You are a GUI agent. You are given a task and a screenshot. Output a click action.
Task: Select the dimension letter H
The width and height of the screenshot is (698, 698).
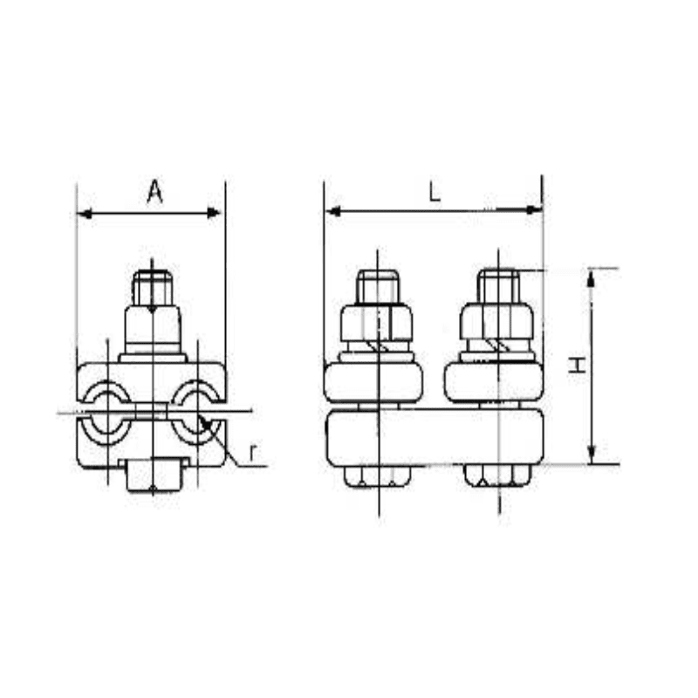(x=577, y=365)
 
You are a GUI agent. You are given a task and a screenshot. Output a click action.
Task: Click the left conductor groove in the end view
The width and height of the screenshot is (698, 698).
(x=107, y=409)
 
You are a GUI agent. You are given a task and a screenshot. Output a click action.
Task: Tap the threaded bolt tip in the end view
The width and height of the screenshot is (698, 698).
(x=153, y=287)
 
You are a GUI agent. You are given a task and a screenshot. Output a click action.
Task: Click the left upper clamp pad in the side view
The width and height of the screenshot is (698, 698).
(x=373, y=381)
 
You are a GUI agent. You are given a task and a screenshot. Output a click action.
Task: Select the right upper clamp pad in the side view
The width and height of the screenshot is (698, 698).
(x=493, y=381)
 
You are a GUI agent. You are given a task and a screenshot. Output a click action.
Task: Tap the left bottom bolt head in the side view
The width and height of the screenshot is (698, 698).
(x=377, y=476)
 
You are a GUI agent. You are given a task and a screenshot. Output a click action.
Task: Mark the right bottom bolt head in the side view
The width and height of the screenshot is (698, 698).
(x=497, y=476)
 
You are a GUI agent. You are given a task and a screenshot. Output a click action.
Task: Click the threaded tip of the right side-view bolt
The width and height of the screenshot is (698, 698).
(x=499, y=284)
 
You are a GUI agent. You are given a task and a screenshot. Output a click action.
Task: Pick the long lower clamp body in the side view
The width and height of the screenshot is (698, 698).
(x=434, y=436)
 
